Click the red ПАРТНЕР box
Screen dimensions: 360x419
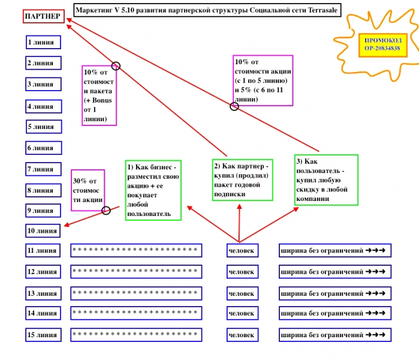[43, 16]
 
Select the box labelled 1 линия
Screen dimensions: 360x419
[44, 42]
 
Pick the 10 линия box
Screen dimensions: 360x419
[43, 230]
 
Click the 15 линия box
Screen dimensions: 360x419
[43, 335]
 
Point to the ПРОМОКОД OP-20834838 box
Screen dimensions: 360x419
[382, 44]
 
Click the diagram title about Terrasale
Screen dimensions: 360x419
[206, 10]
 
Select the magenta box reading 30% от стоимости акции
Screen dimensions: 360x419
[88, 190]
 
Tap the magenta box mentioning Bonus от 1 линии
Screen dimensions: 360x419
[99, 95]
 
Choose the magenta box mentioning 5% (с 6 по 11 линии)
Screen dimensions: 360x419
[263, 80]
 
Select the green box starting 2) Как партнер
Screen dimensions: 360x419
[242, 179]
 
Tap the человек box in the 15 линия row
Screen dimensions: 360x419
[242, 335]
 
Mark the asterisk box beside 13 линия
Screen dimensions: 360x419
[136, 293]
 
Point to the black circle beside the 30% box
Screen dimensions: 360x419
[107, 210]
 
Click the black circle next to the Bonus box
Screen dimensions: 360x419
[116, 66]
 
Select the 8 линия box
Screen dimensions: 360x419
[44, 190]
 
